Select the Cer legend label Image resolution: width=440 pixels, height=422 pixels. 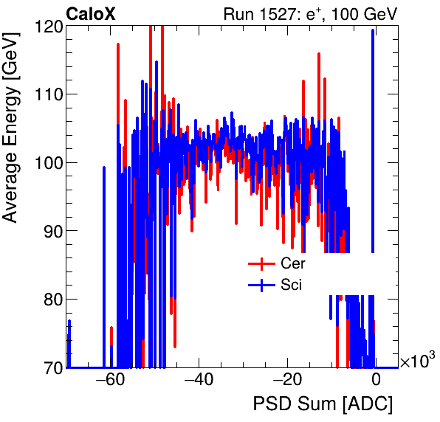coord(292,263)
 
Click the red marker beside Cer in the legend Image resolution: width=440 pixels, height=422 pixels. coord(261,263)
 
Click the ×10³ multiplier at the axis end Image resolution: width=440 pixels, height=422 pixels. coord(417,361)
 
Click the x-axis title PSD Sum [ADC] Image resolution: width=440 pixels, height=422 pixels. coord(323,404)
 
